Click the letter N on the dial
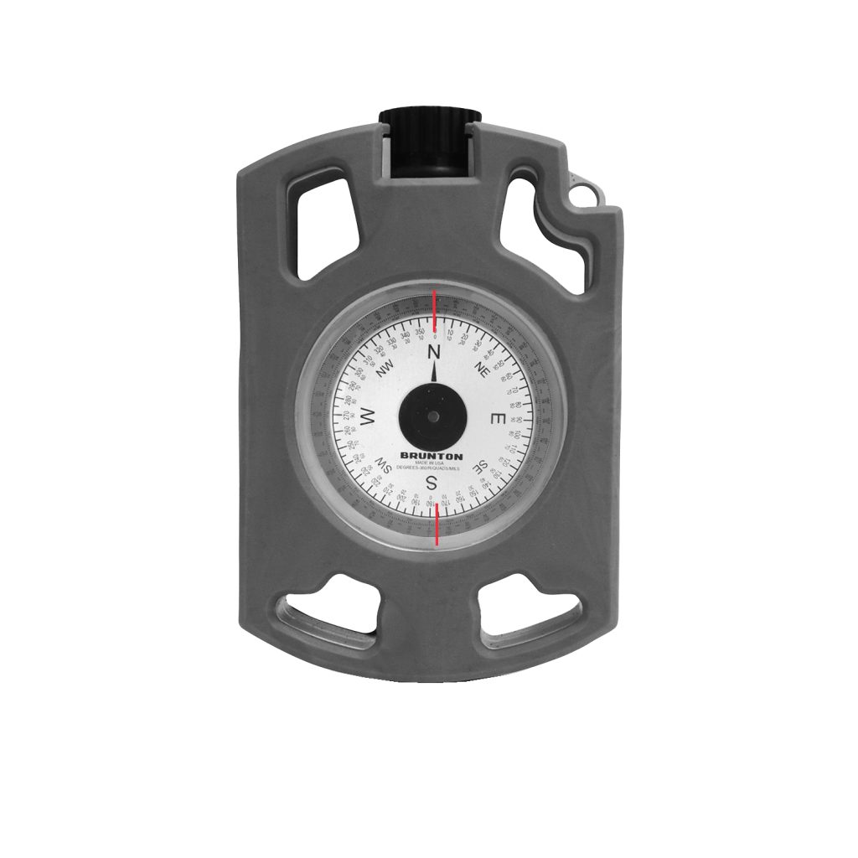(x=434, y=352)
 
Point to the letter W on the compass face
(x=368, y=416)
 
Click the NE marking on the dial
(x=481, y=369)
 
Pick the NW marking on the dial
(x=385, y=369)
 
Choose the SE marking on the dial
(x=480, y=466)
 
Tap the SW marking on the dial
(x=385, y=466)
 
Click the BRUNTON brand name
(x=432, y=456)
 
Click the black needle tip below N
(x=434, y=374)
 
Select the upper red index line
(x=434, y=310)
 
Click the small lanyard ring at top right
(x=586, y=192)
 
